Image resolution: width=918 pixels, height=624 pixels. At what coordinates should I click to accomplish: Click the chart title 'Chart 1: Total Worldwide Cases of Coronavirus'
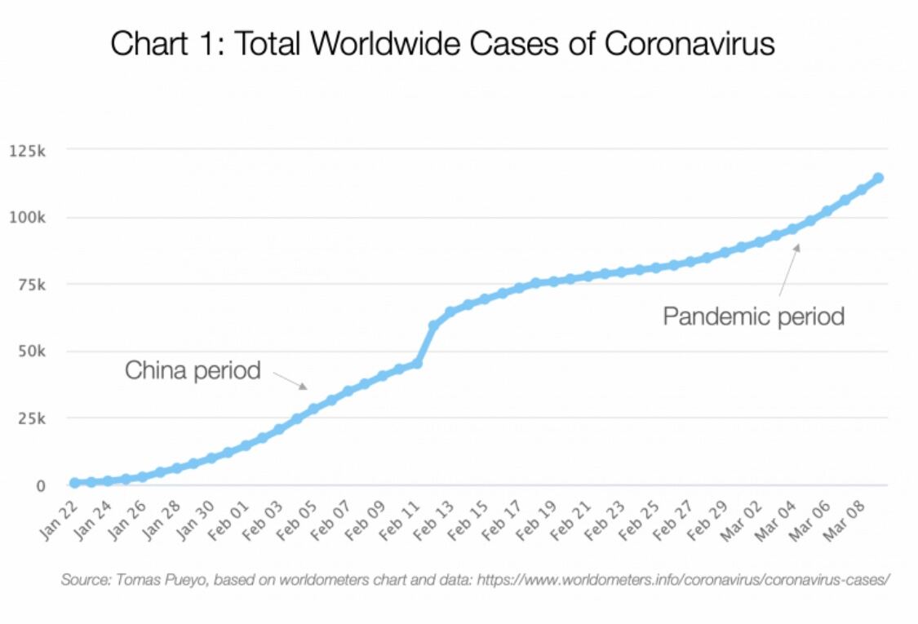pyautogui.click(x=442, y=44)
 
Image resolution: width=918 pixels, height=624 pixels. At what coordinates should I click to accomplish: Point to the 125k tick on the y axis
pyautogui.click(x=28, y=151)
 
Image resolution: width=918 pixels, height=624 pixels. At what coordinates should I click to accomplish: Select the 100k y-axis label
pyautogui.click(x=28, y=218)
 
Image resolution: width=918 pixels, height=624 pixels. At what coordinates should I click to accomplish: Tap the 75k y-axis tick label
pyautogui.click(x=32, y=285)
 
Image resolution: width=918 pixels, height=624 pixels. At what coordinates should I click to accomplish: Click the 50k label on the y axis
pyautogui.click(x=32, y=352)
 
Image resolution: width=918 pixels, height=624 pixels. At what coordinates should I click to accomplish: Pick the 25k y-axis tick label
pyautogui.click(x=32, y=418)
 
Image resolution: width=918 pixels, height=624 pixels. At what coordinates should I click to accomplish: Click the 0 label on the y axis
pyautogui.click(x=41, y=485)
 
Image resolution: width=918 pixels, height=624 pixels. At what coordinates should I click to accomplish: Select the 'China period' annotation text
pyautogui.click(x=193, y=370)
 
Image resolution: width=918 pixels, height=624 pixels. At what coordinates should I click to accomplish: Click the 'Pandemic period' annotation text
pyautogui.click(x=753, y=316)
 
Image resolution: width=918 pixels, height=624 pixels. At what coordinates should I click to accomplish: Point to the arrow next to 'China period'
pyautogui.click(x=290, y=380)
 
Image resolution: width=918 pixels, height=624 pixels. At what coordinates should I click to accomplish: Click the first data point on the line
pyautogui.click(x=74, y=483)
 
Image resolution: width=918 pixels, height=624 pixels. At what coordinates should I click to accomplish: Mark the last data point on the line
pyautogui.click(x=878, y=178)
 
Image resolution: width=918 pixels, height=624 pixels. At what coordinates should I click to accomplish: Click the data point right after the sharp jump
pyautogui.click(x=434, y=325)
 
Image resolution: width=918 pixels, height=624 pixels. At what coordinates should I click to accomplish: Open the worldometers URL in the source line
pyautogui.click(x=683, y=580)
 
